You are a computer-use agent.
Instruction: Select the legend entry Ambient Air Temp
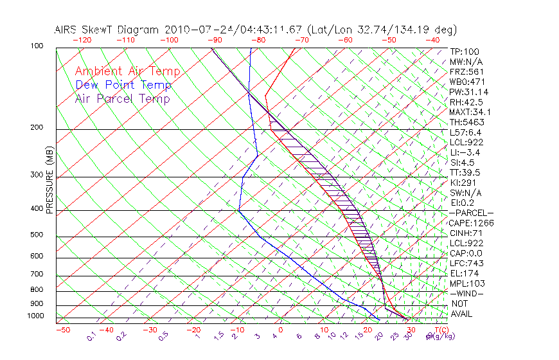(127, 71)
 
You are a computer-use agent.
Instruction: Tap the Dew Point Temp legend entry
(123, 85)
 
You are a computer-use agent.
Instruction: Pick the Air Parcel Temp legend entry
(122, 98)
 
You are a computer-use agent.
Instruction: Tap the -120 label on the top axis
(82, 39)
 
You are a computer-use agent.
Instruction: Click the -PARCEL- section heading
(471, 213)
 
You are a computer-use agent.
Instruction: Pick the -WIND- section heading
(466, 294)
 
